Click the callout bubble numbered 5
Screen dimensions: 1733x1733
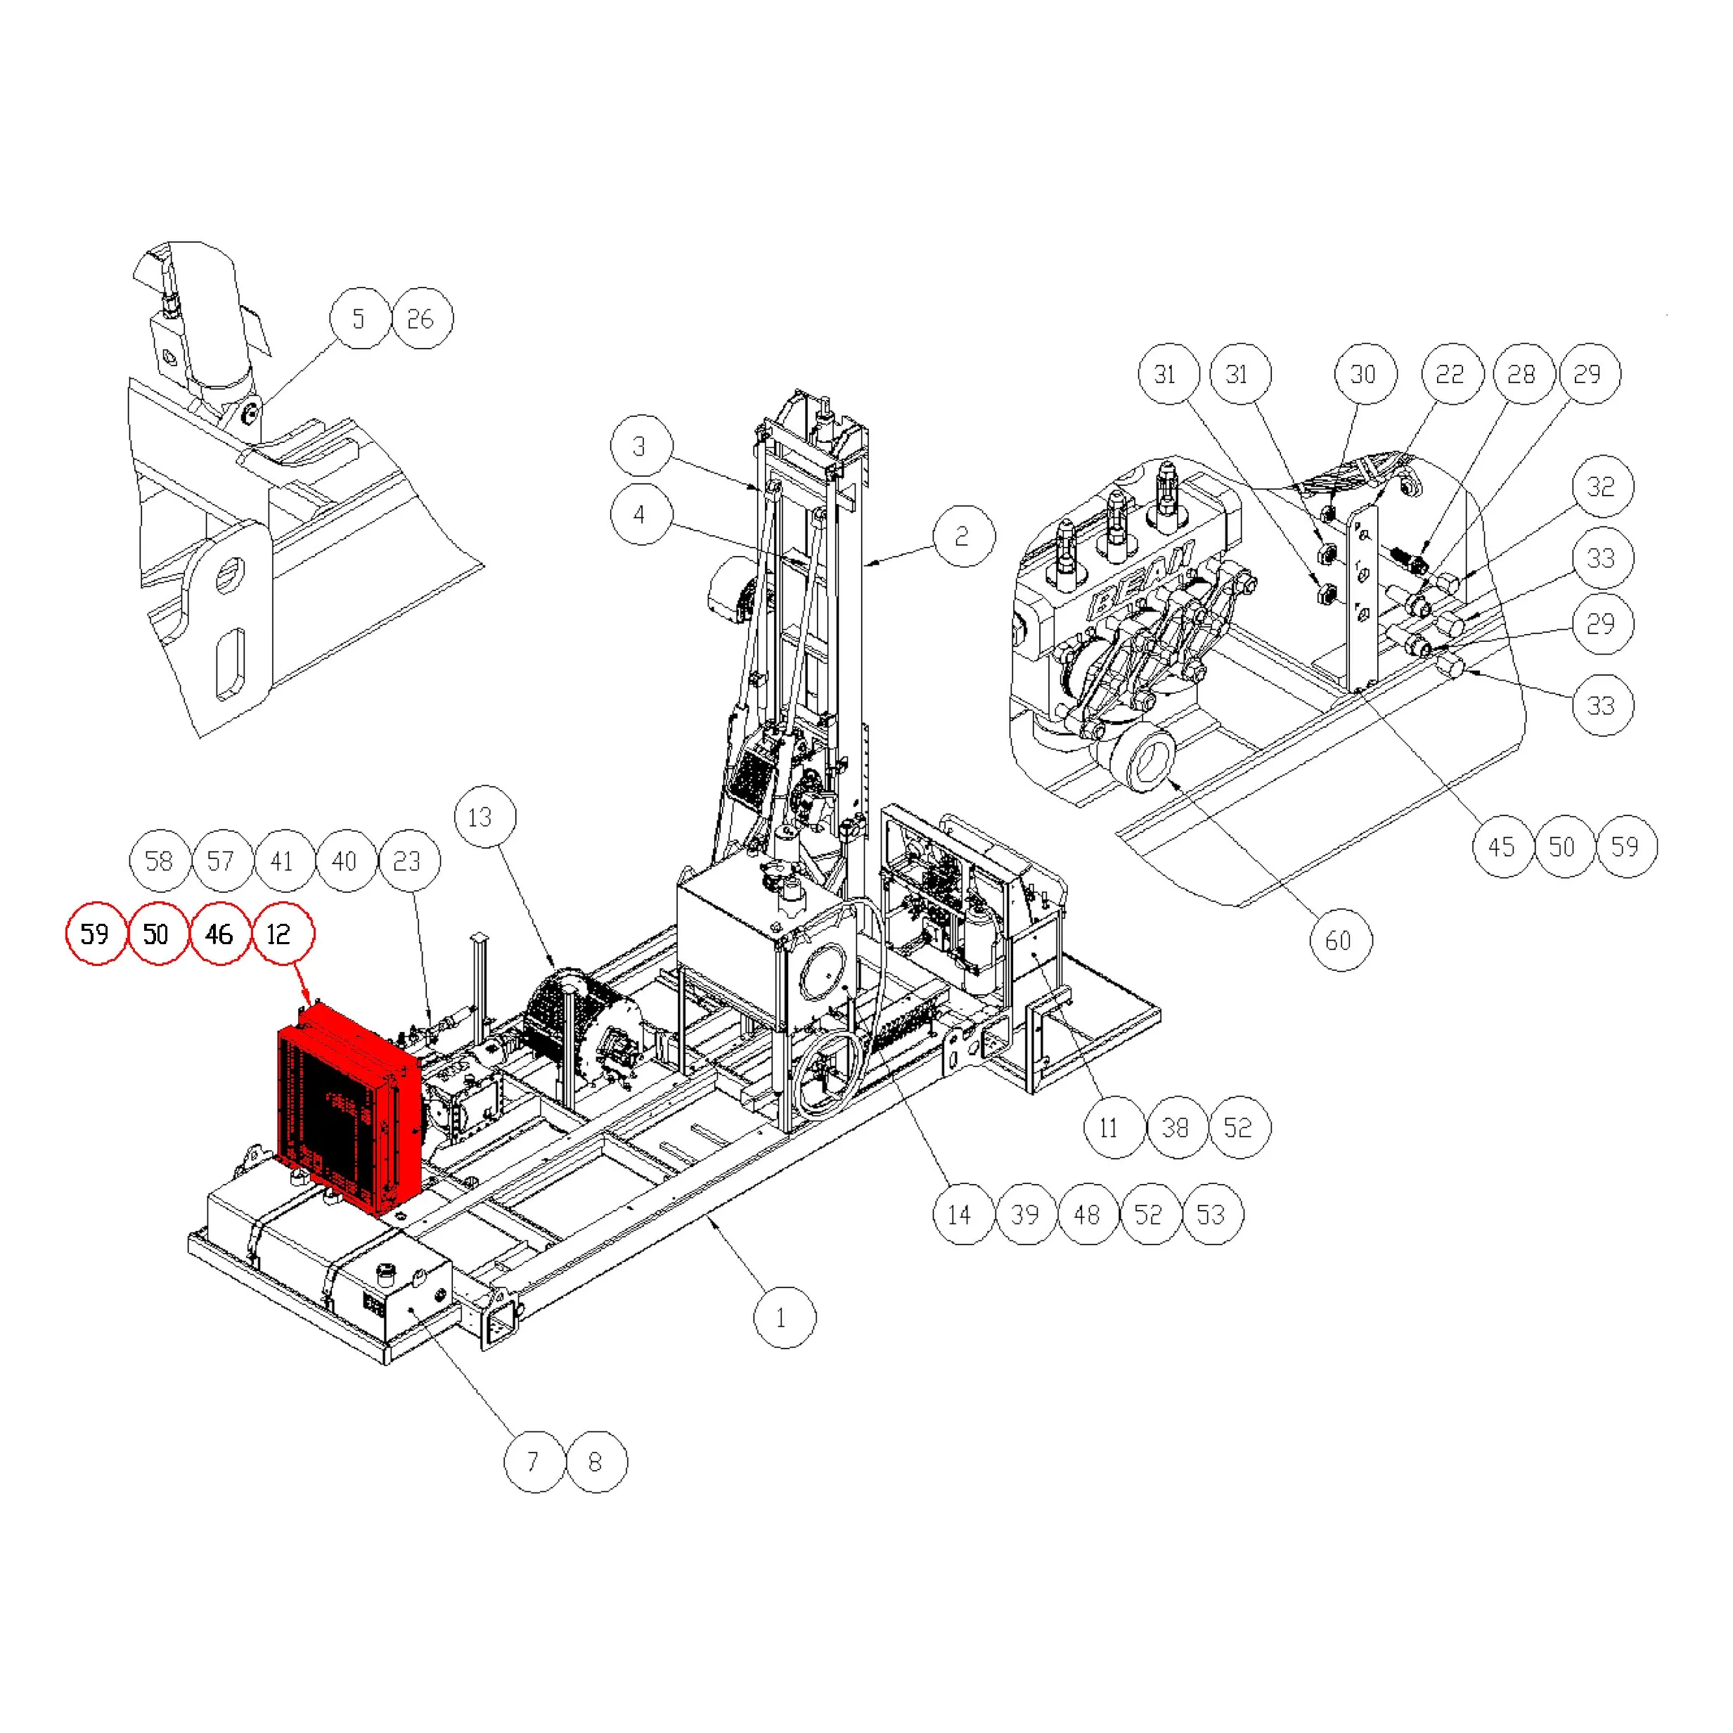[x=361, y=318]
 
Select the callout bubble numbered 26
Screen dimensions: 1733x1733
[x=423, y=318]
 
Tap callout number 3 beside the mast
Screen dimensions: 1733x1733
[x=640, y=446]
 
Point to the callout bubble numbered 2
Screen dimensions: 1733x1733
[x=963, y=536]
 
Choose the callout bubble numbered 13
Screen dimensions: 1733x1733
[x=485, y=817]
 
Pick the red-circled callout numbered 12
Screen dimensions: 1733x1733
[x=283, y=934]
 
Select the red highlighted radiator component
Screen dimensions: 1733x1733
[x=350, y=1109]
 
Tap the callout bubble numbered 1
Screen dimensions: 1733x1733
[x=784, y=1318]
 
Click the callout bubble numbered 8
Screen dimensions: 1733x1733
[x=596, y=1462]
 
